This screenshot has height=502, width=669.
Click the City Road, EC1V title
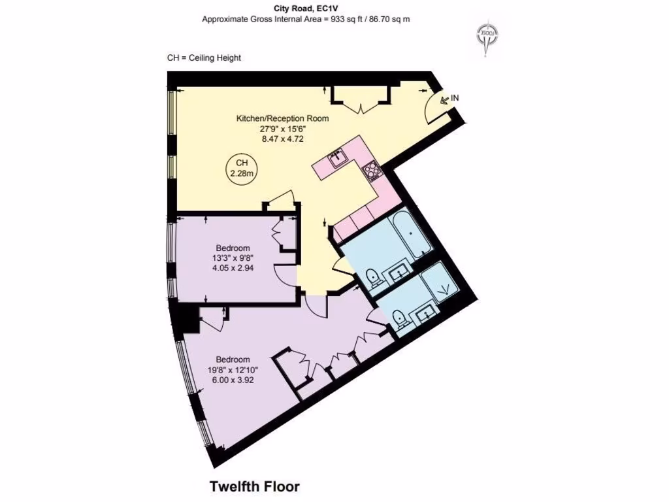[306, 8]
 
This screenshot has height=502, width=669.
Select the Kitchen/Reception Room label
[282, 118]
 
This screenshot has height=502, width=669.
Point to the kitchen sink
[338, 158]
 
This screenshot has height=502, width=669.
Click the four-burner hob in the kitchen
[372, 171]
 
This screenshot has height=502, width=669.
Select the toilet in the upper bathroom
[372, 277]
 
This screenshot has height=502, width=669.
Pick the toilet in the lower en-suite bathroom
[399, 318]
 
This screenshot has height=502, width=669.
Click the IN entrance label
[455, 98]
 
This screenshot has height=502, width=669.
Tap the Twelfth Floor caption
[254, 486]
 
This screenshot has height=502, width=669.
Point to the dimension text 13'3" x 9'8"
[233, 258]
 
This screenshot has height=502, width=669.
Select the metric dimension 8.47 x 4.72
[282, 139]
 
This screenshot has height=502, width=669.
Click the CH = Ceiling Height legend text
[204, 58]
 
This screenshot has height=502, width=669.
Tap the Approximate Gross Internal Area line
[306, 19]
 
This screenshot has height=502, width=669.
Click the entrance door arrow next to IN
[444, 100]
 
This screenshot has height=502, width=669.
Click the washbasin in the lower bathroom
[425, 314]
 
